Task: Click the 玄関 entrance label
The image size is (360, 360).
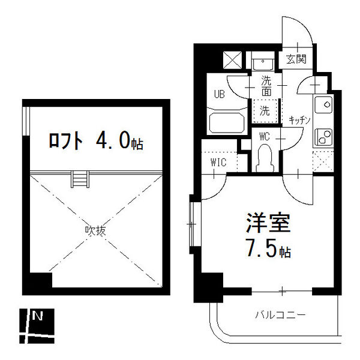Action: (x=296, y=59)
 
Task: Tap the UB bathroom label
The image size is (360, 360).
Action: (x=220, y=94)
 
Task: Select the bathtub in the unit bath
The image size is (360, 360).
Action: (x=227, y=123)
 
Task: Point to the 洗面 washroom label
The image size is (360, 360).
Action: (x=266, y=87)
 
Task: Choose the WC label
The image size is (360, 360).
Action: (x=265, y=137)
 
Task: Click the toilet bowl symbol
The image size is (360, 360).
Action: (x=265, y=157)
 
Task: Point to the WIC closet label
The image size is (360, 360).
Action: (x=218, y=162)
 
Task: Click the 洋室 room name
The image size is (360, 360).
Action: (x=268, y=224)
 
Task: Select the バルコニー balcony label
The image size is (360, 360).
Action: (x=280, y=314)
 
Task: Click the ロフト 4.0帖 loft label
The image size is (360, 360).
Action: (x=96, y=141)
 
